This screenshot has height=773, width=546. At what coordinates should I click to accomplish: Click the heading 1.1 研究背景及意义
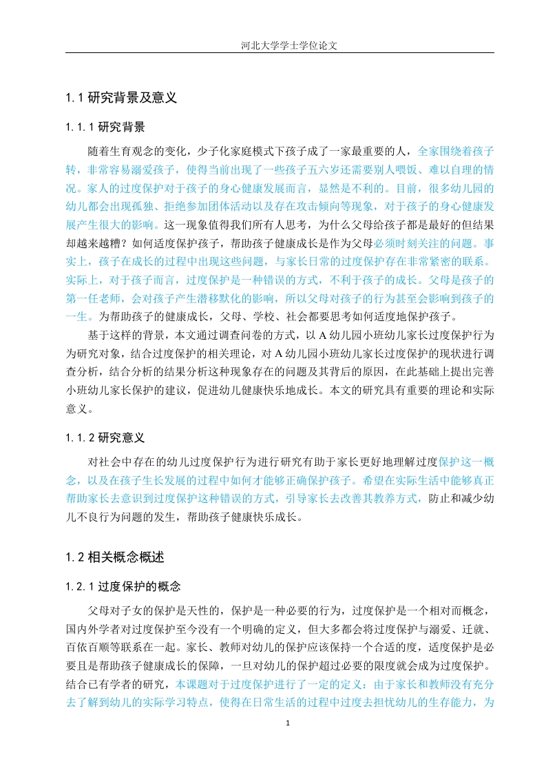[121, 98]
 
